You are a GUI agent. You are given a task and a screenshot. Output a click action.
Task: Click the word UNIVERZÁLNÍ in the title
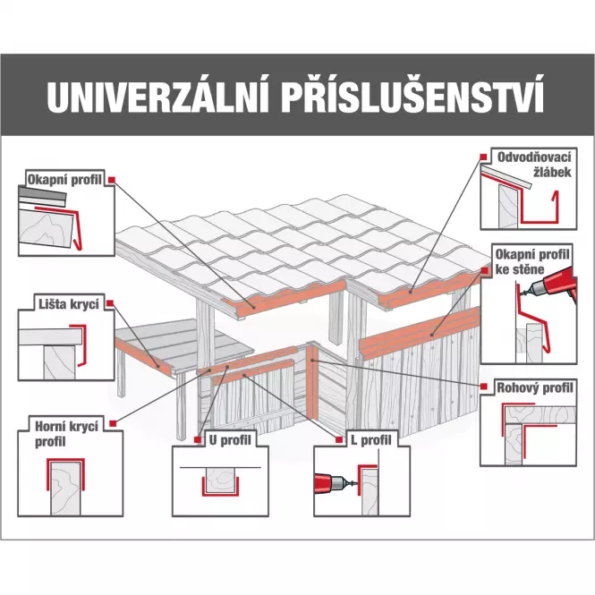tap(154, 98)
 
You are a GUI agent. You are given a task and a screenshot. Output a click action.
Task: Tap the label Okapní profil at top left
tap(65, 180)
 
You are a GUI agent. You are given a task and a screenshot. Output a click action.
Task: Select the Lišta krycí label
tap(62, 303)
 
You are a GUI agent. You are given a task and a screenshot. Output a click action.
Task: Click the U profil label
tap(230, 440)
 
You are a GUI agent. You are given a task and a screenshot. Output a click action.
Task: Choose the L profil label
tap(367, 440)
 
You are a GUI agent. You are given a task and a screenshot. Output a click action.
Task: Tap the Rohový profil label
tap(535, 388)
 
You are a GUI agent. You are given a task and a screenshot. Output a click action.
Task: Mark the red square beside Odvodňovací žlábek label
tap(483, 157)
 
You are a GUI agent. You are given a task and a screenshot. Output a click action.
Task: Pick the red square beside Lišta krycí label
tap(110, 303)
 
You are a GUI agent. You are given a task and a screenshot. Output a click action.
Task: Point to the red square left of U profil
tap(196, 440)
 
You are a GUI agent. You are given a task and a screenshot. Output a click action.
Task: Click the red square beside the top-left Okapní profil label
tap(112, 180)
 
